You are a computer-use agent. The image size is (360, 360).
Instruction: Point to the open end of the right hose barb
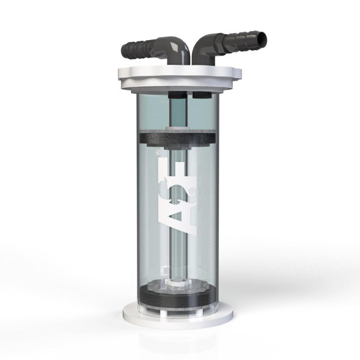coord(262,41)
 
